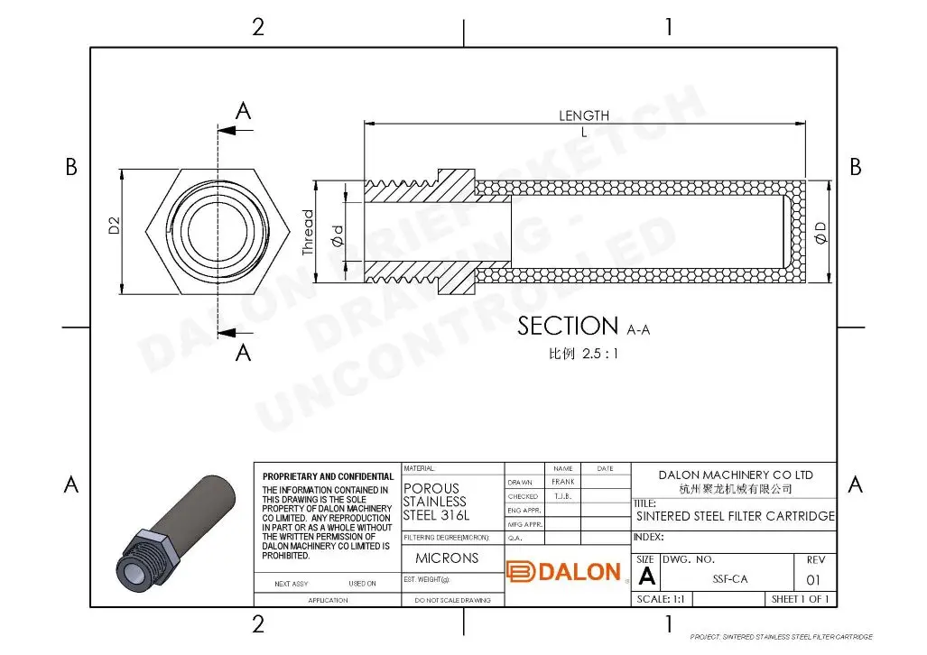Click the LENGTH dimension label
[x=583, y=115]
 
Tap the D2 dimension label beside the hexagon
[x=115, y=226]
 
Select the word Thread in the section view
[x=309, y=234]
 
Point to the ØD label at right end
[x=820, y=232]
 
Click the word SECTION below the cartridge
[x=568, y=326]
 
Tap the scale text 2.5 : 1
[x=601, y=354]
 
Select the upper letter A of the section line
[x=243, y=111]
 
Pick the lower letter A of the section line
[x=243, y=353]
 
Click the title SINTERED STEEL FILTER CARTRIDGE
[x=735, y=517]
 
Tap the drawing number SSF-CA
[x=729, y=579]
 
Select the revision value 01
[x=814, y=579]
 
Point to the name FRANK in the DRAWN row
[x=562, y=482]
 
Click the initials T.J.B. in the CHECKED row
[x=562, y=496]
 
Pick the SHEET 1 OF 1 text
[x=799, y=599]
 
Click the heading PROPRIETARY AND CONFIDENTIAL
[x=328, y=476]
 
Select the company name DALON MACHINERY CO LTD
[x=735, y=475]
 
